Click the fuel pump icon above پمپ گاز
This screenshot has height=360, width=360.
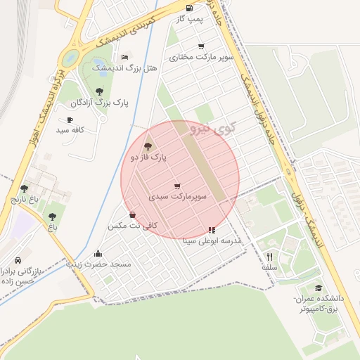click(x=189, y=8)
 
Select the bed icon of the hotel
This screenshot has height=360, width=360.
click(x=125, y=57)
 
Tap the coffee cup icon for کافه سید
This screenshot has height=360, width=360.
click(x=70, y=120)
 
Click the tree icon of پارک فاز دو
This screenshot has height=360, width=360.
click(x=148, y=147)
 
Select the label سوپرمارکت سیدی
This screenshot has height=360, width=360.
click(x=177, y=198)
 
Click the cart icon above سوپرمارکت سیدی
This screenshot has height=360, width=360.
click(x=176, y=186)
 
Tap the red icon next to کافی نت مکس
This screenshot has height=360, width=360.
click(x=132, y=214)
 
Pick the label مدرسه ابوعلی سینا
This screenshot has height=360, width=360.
click(x=212, y=240)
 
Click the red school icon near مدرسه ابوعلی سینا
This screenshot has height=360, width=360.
click(x=212, y=229)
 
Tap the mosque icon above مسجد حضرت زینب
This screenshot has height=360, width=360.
click(x=98, y=253)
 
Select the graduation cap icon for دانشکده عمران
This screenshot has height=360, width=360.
click(x=319, y=288)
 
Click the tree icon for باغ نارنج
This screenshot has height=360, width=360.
click(x=25, y=188)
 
